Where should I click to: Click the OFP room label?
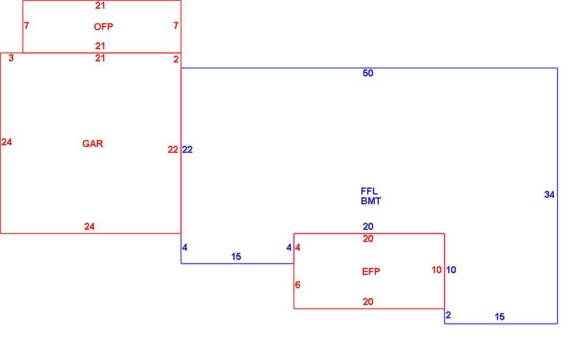click(x=103, y=27)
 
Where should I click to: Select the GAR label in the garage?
click(x=93, y=144)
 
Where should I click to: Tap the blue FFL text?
click(x=369, y=191)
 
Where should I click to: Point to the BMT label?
click(x=371, y=201)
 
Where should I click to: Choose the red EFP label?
click(x=371, y=271)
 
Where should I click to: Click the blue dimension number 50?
click(x=368, y=73)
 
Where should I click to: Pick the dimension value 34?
click(x=549, y=194)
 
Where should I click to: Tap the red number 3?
click(x=11, y=58)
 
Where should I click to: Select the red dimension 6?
click(x=297, y=285)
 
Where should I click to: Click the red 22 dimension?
click(x=173, y=149)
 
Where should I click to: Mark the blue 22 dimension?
click(x=187, y=149)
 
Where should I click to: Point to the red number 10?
click(x=437, y=270)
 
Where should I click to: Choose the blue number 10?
click(x=451, y=270)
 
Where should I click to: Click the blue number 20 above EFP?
click(x=368, y=226)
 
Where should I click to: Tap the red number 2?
click(x=176, y=59)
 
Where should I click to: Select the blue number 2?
click(x=448, y=315)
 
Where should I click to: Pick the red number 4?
click(x=297, y=247)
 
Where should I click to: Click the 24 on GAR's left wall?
click(x=6, y=142)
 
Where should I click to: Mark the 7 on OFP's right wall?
click(x=175, y=25)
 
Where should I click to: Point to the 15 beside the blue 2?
click(x=499, y=317)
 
